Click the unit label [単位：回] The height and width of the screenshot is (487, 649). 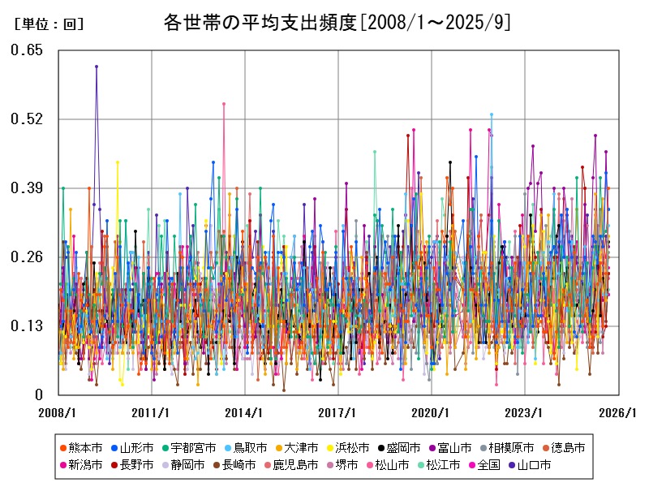click(x=49, y=24)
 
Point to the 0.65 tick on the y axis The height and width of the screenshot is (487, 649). click(x=27, y=50)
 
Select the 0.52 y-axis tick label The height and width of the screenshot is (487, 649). click(x=27, y=119)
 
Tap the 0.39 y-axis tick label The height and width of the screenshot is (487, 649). click(x=27, y=188)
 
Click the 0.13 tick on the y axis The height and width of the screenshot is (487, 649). click(x=27, y=326)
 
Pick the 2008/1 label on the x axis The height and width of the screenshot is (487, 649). click(x=59, y=412)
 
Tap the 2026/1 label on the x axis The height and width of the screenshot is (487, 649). click(x=619, y=412)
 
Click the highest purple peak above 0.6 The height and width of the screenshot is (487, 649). click(x=97, y=67)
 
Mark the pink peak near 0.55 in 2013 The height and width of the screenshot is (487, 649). click(x=224, y=104)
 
